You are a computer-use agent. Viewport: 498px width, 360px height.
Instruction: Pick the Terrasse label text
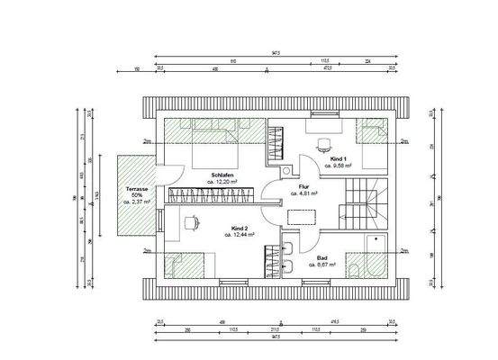coord(137,188)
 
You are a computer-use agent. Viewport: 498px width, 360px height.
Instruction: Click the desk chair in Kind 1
coord(323,142)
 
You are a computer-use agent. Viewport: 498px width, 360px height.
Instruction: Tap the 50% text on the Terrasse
coord(137,195)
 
